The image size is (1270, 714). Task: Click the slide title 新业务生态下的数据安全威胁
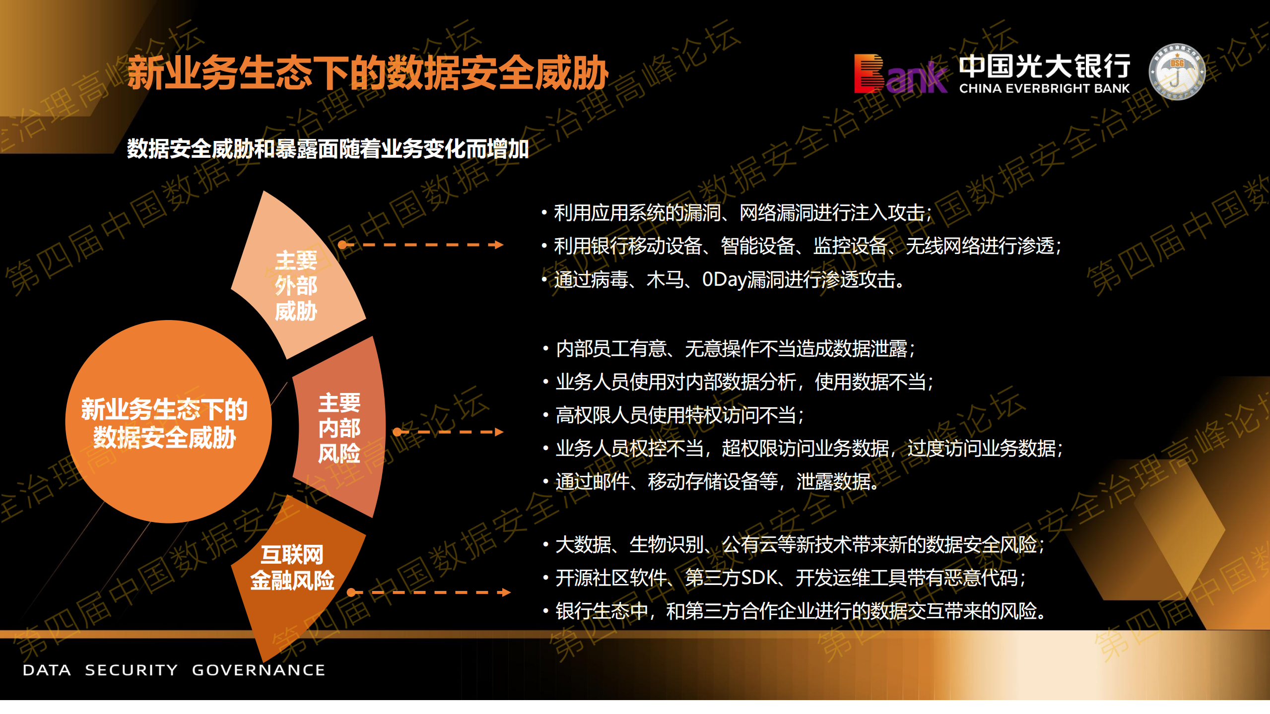click(x=368, y=73)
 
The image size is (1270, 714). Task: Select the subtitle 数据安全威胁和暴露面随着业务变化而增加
click(x=328, y=149)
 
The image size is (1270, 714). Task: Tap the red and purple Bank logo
click(x=900, y=74)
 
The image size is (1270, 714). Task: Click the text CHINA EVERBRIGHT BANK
click(x=1044, y=89)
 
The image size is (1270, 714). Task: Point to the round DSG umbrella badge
click(x=1177, y=72)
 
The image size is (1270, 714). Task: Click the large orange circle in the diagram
click(x=168, y=421)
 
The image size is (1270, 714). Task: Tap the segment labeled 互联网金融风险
click(x=293, y=581)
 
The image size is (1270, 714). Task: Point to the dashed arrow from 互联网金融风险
click(x=429, y=592)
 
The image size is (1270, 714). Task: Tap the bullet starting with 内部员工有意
click(x=729, y=349)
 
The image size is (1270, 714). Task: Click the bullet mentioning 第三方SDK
click(x=785, y=578)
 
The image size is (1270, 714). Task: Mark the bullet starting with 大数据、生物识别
click(x=794, y=544)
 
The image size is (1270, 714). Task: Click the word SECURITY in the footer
click(x=131, y=670)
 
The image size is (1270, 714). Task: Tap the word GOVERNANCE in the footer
click(x=259, y=670)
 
